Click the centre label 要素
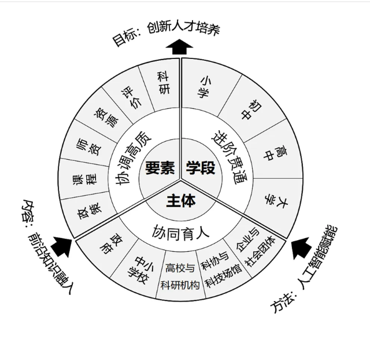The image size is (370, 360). (x=160, y=168)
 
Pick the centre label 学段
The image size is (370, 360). (x=201, y=168)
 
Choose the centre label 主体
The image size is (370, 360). (x=180, y=201)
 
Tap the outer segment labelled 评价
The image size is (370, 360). (x=131, y=96)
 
